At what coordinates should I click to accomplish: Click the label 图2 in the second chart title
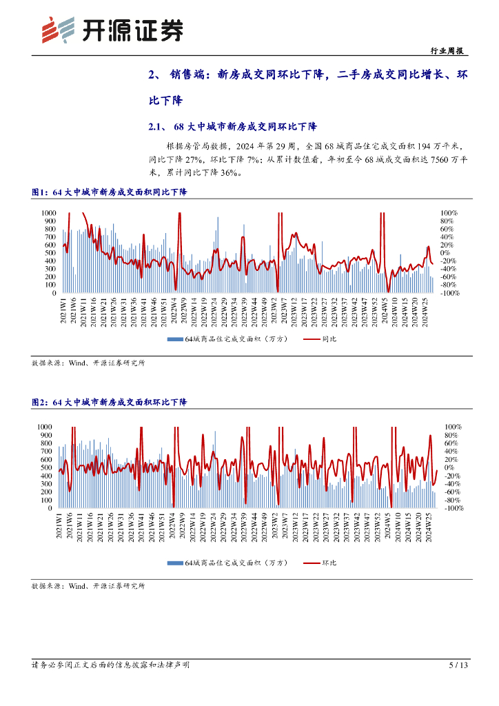click(41, 402)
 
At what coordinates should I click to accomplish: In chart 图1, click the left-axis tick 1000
click(48, 212)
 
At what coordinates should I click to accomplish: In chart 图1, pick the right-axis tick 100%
click(449, 212)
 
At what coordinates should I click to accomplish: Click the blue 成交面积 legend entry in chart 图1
click(222, 339)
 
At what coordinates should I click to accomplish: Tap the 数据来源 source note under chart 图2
click(88, 586)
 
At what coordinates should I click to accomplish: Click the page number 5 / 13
click(458, 665)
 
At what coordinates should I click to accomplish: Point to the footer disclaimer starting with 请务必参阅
click(111, 665)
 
